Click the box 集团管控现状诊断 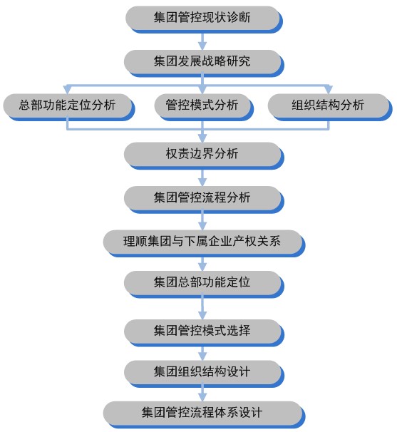click(x=202, y=18)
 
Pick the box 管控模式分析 click(x=202, y=106)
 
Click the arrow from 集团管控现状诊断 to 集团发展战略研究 click(x=202, y=41)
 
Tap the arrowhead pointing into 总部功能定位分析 click(x=67, y=90)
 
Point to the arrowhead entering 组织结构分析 click(x=329, y=90)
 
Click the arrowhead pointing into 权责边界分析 click(x=202, y=138)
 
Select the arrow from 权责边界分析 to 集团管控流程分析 click(x=202, y=178)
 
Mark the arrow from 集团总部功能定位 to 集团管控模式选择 click(x=202, y=309)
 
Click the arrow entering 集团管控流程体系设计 click(x=202, y=394)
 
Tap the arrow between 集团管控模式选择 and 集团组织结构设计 click(x=202, y=354)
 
